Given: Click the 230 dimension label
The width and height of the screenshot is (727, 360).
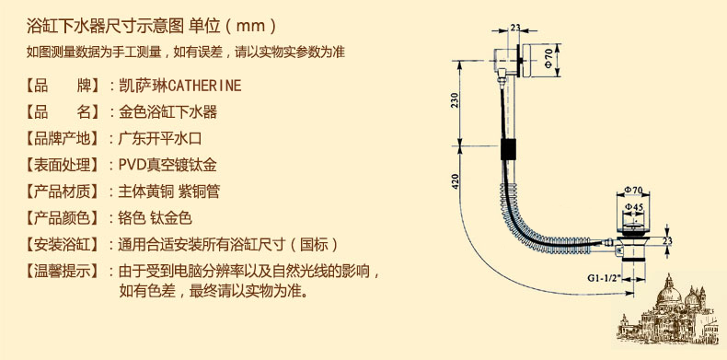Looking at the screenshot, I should (x=455, y=101).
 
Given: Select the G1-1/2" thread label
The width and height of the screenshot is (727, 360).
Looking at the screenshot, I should (x=607, y=276).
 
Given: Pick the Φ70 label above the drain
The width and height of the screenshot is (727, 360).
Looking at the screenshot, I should (x=633, y=190).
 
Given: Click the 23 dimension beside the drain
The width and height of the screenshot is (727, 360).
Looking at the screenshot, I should (x=667, y=240).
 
